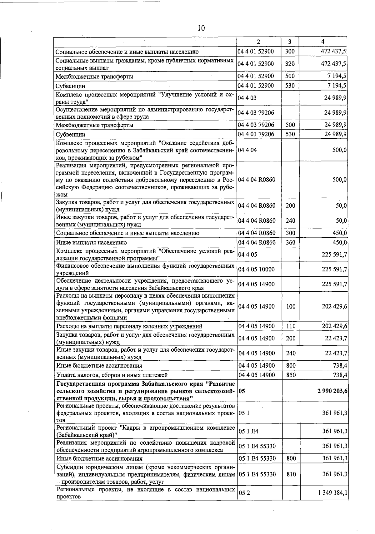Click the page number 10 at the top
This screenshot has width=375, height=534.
click(x=201, y=28)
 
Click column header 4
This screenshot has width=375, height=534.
click(x=322, y=42)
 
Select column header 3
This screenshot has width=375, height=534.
click(x=290, y=42)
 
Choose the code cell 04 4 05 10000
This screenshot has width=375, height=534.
click(x=256, y=269)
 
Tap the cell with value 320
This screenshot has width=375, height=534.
click(x=290, y=64)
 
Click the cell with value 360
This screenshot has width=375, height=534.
click(x=290, y=242)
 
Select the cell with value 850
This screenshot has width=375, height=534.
click(x=291, y=375)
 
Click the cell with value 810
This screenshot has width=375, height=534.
click(x=291, y=474)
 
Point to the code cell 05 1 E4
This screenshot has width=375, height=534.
click(x=248, y=432)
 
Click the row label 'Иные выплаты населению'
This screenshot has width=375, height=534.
click(x=91, y=242)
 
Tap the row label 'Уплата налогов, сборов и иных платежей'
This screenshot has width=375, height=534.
click(x=112, y=375)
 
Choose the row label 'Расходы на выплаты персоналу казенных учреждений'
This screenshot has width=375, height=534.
click(x=129, y=326)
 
